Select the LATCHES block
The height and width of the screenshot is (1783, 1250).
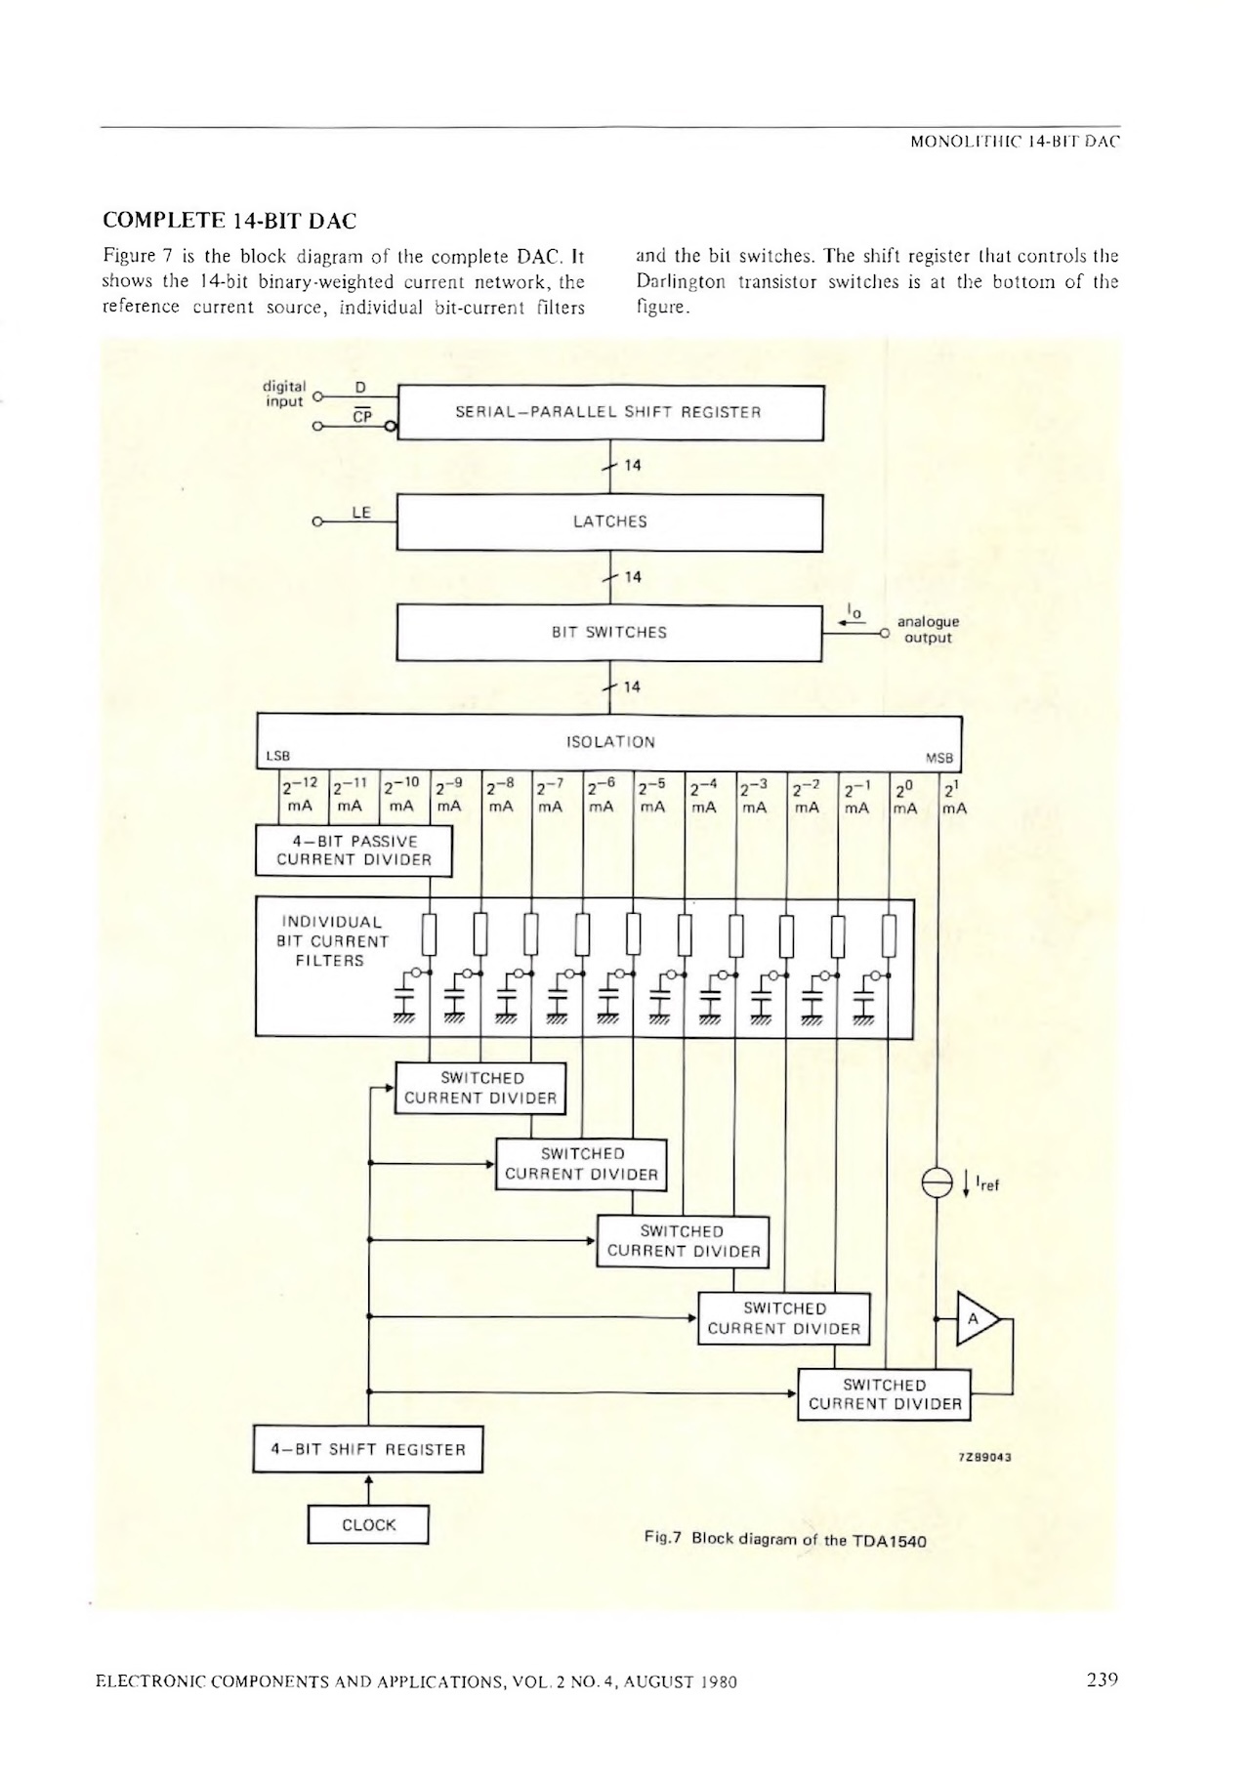click(610, 522)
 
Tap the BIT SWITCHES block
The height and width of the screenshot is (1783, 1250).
click(609, 633)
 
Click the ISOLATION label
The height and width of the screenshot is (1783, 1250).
click(610, 742)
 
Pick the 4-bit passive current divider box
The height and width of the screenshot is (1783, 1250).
click(354, 850)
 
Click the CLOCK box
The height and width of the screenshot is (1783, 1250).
click(368, 1525)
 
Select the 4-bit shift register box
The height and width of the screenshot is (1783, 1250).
click(368, 1450)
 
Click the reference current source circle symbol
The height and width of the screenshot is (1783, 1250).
click(937, 1183)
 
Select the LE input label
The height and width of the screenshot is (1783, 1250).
click(361, 512)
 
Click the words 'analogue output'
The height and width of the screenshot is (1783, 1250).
click(928, 630)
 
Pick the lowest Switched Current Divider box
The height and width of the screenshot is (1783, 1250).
click(885, 1394)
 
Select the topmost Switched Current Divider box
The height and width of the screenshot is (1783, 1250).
click(480, 1088)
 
